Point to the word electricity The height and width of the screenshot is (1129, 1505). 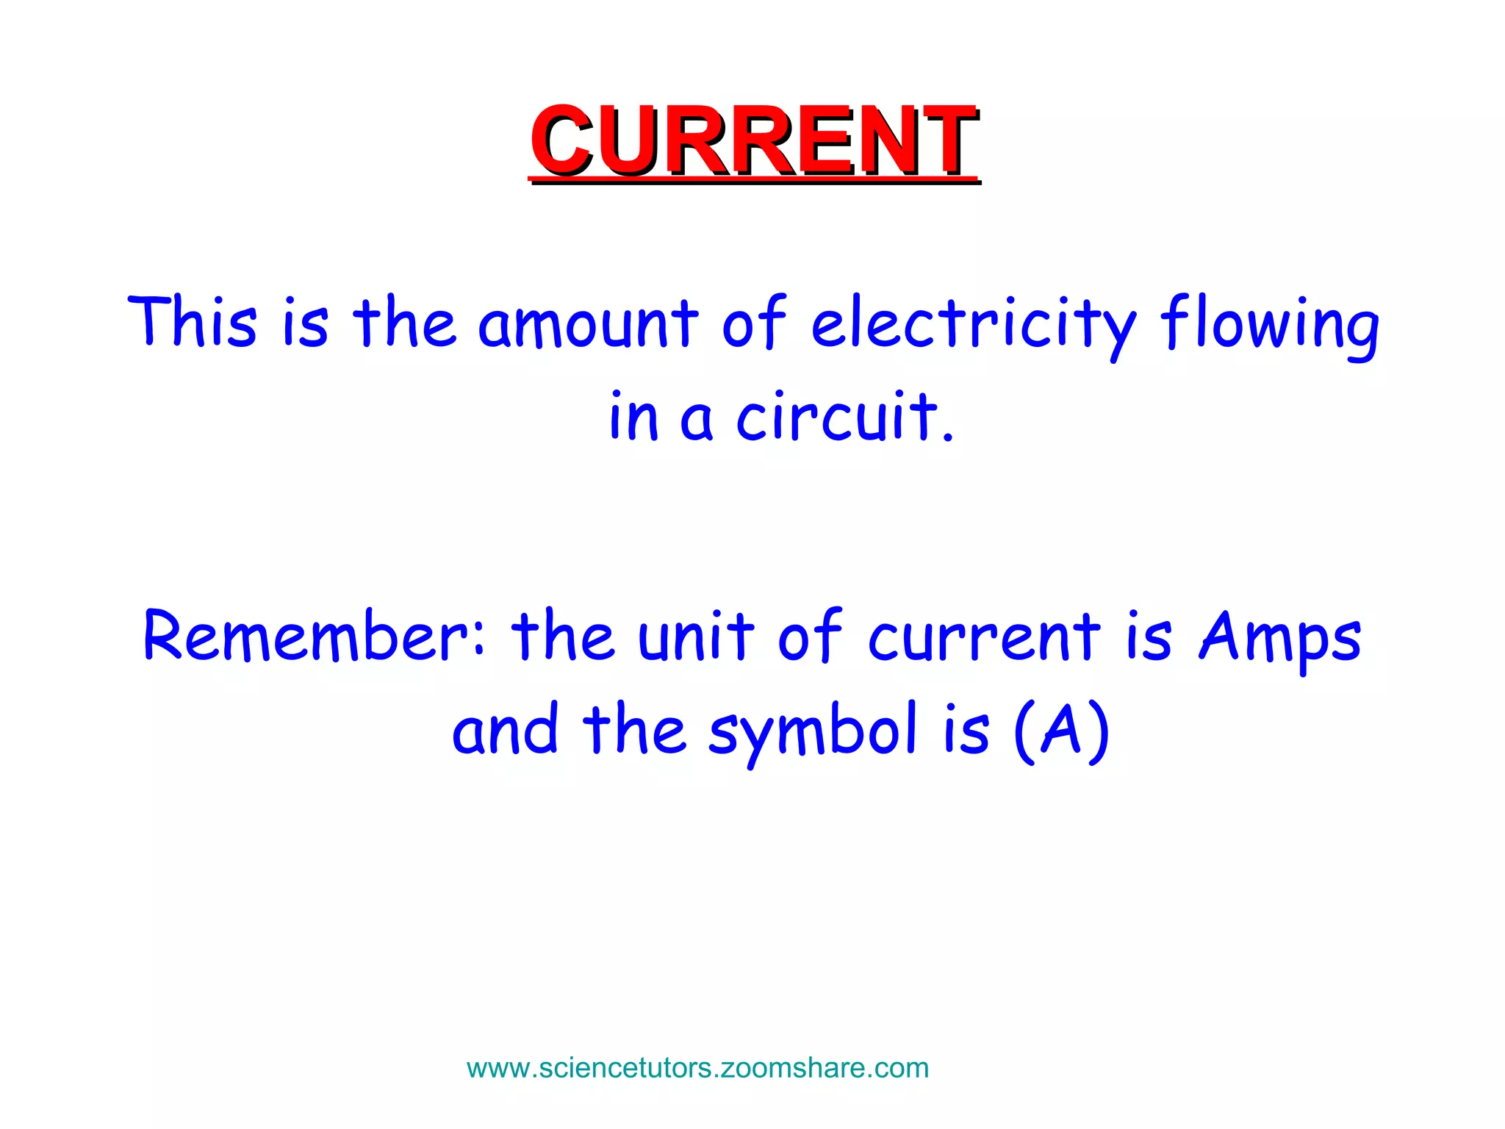(974, 323)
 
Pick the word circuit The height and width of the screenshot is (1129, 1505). (838, 417)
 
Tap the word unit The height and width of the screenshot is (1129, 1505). (695, 635)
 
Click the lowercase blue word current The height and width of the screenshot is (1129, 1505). (984, 637)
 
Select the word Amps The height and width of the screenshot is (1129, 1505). (1280, 637)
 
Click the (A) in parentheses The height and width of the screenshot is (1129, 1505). (1060, 731)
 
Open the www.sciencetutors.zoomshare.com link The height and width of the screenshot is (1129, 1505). (697, 1067)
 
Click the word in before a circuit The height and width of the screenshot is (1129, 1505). (633, 417)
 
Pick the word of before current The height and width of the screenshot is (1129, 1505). (809, 635)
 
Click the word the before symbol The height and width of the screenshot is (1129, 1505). (634, 729)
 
